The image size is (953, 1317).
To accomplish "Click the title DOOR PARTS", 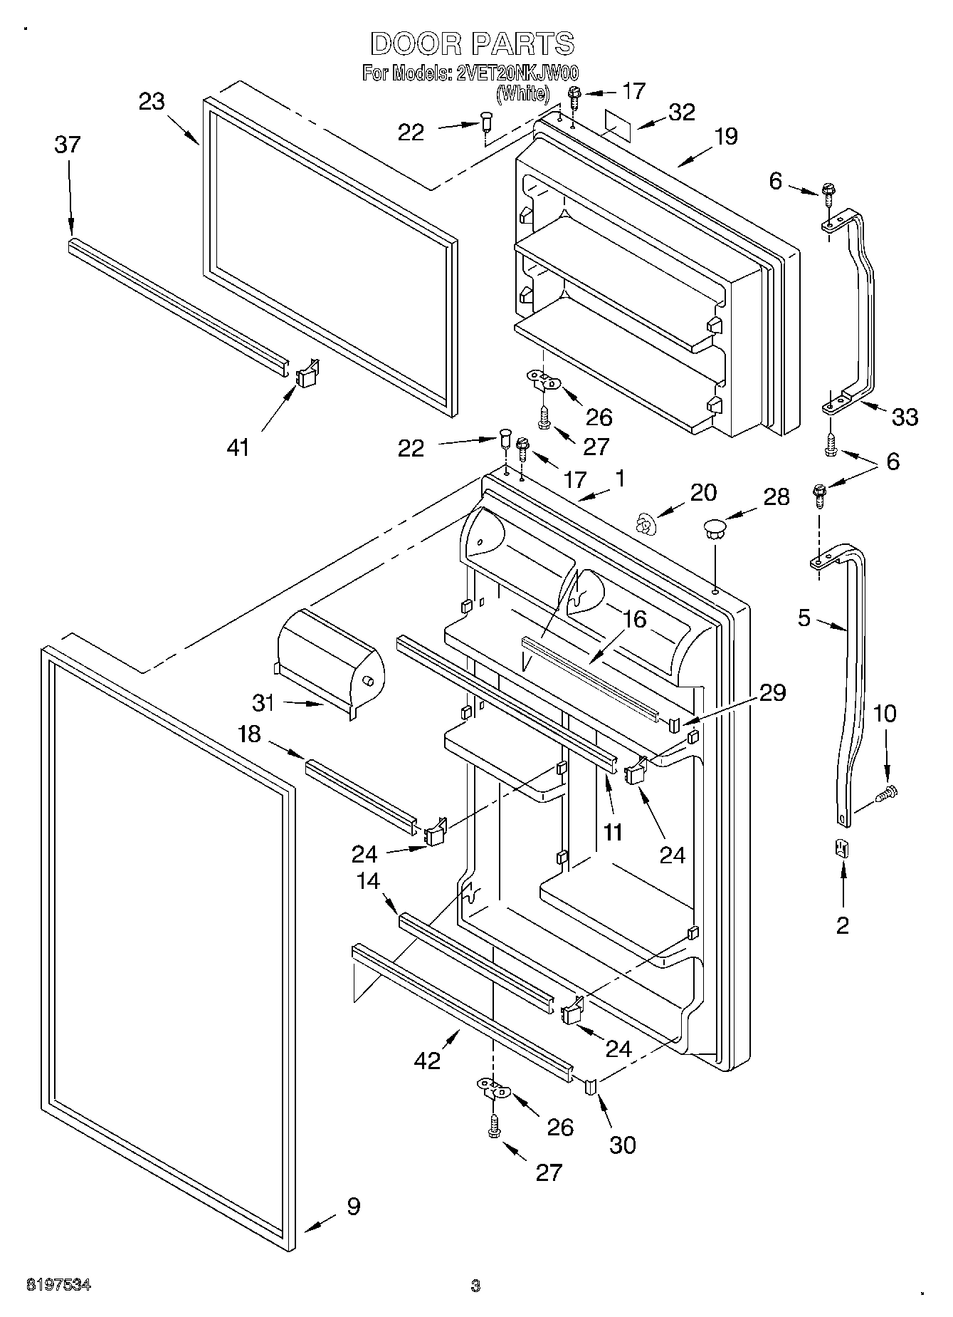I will [x=472, y=44].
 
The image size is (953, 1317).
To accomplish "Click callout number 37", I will [x=68, y=145].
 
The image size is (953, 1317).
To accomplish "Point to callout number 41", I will [x=238, y=447].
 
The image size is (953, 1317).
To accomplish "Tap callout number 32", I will [x=681, y=112].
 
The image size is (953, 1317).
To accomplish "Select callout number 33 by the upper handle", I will [x=905, y=417].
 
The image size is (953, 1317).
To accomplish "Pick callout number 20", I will [x=703, y=492].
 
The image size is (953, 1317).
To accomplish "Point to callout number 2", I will [x=843, y=925].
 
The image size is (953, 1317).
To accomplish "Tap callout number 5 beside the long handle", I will [x=804, y=618].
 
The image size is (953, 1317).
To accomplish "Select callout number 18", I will [x=250, y=734].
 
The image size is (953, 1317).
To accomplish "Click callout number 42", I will [x=428, y=1060].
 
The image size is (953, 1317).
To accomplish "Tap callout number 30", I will [x=623, y=1144].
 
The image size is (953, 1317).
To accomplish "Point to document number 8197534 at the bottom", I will [x=59, y=1285].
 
